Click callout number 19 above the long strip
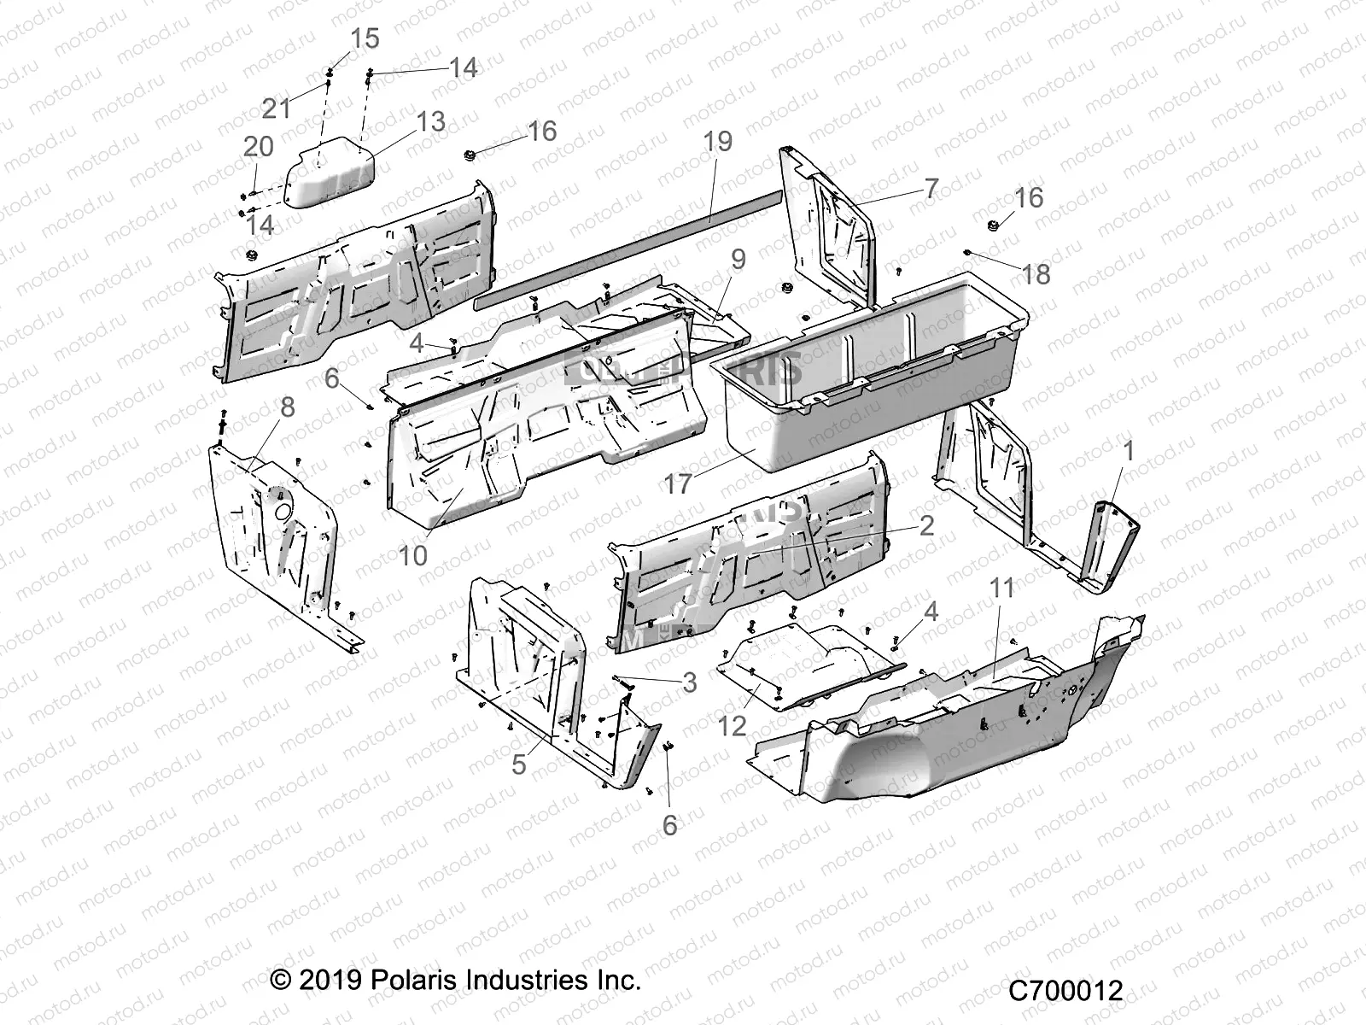[x=718, y=141]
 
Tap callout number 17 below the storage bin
[x=678, y=484]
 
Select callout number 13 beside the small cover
[x=430, y=122]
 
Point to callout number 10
[x=412, y=555]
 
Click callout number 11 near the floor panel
[x=1001, y=588]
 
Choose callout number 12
[x=732, y=726]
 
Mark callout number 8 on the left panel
[x=287, y=407]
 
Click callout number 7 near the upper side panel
[x=930, y=188]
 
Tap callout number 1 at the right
[x=1129, y=450]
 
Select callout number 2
[x=926, y=525]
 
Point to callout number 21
[x=276, y=108]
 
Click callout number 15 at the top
[x=365, y=39]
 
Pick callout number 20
[x=258, y=146]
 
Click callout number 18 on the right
[x=1036, y=274]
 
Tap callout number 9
[x=738, y=259]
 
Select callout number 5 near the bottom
[x=518, y=764]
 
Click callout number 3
[x=689, y=682]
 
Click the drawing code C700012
[x=1065, y=991]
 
